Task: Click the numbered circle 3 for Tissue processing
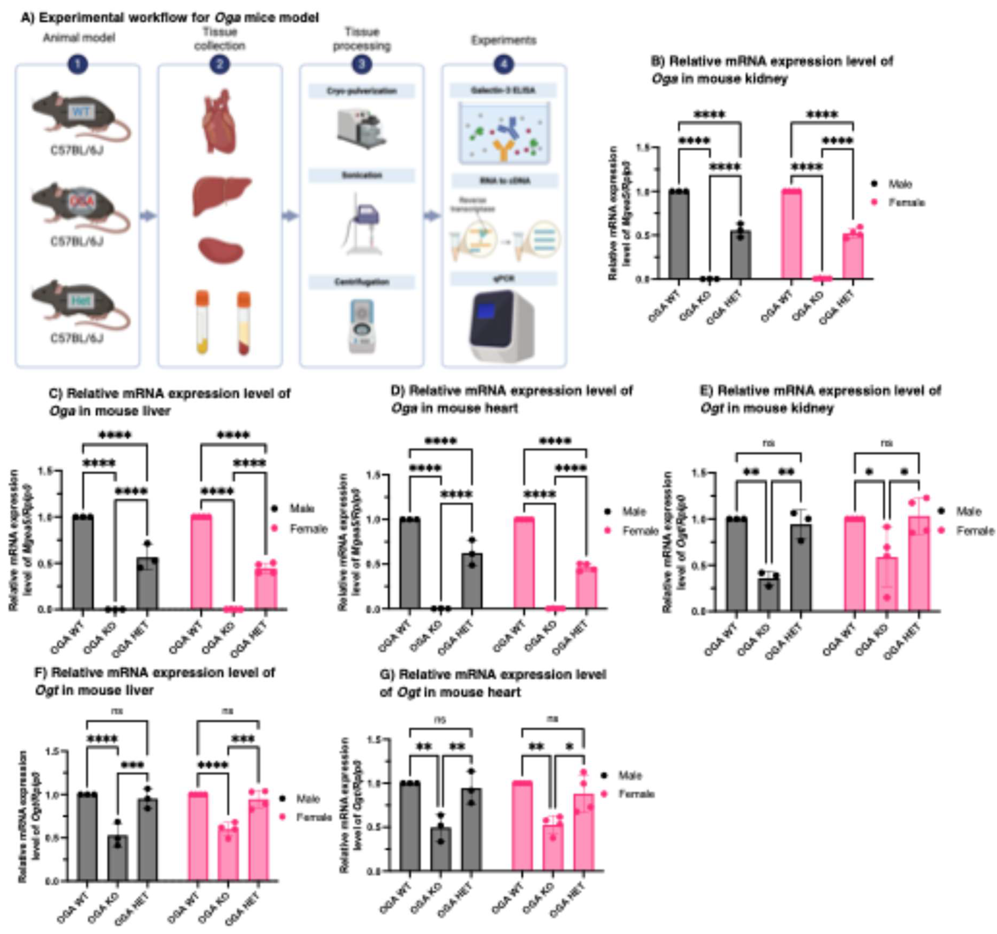362,64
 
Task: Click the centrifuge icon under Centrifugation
361,326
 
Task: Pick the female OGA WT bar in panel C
201,562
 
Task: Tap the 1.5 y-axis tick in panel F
53,751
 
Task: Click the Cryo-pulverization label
362,91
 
